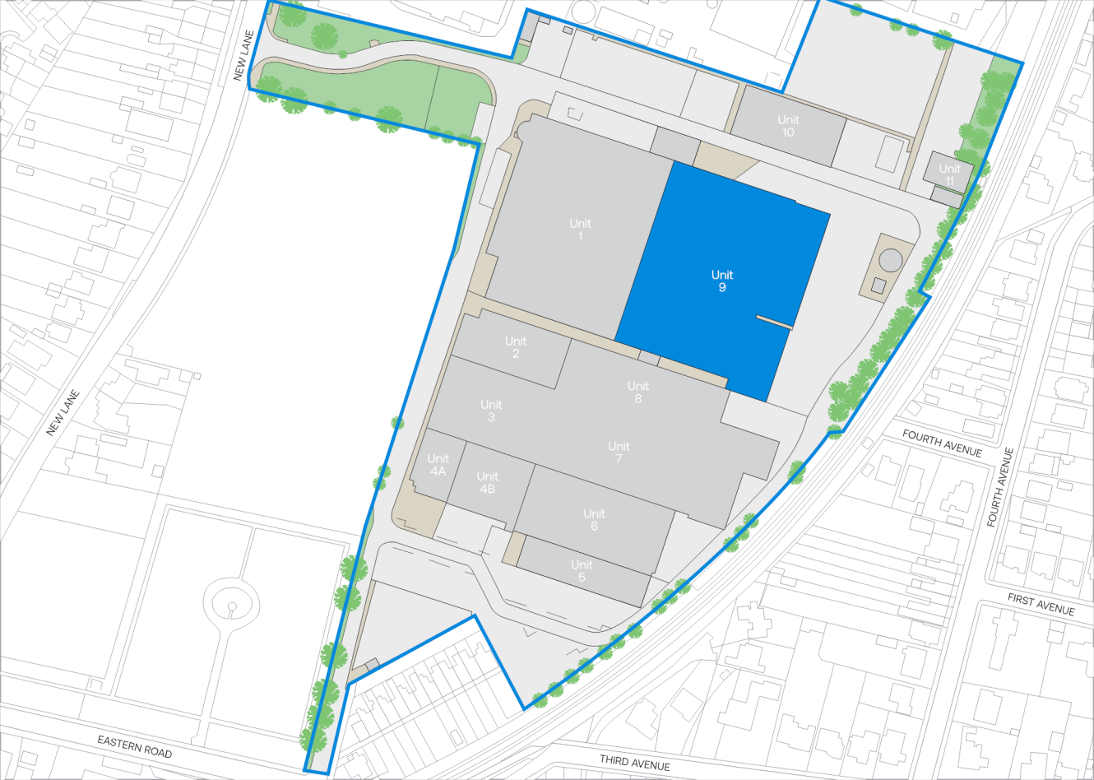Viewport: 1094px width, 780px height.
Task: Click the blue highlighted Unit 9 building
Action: pyautogui.click(x=721, y=281)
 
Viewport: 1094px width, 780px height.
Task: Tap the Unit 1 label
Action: pyautogui.click(x=580, y=230)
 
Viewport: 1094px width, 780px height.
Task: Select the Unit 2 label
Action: pyautogui.click(x=516, y=347)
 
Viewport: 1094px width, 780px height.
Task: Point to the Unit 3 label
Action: pyautogui.click(x=491, y=411)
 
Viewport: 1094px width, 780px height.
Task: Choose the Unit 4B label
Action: pyautogui.click(x=487, y=482)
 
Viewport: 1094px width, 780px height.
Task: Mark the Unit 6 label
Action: pyautogui.click(x=594, y=519)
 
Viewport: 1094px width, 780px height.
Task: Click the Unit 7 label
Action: pyautogui.click(x=619, y=452)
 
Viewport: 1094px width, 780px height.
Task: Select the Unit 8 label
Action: pyautogui.click(x=638, y=392)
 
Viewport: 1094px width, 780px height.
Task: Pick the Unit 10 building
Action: pyautogui.click(x=788, y=126)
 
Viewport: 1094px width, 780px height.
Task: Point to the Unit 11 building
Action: pyautogui.click(x=949, y=173)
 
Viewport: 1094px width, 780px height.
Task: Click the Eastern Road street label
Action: pyautogui.click(x=135, y=746)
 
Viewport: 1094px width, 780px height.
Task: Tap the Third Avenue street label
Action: pyautogui.click(x=634, y=763)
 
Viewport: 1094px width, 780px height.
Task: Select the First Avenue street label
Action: pyautogui.click(x=1041, y=605)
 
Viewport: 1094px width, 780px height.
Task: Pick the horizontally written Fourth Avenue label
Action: pyautogui.click(x=942, y=443)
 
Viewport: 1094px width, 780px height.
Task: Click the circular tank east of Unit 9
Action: pyautogui.click(x=891, y=261)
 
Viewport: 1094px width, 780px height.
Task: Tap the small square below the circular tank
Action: pyautogui.click(x=878, y=286)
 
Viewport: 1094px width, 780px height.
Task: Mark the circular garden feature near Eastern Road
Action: pyautogui.click(x=231, y=607)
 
